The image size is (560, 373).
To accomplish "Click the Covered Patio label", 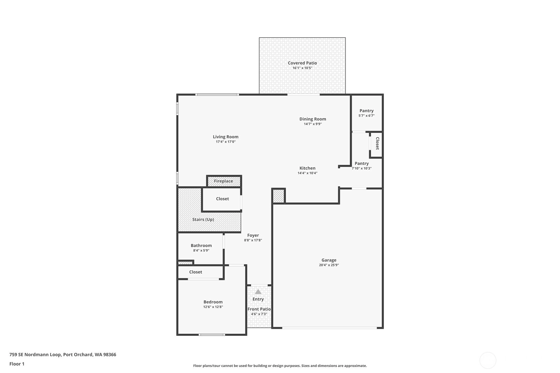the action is (x=302, y=63).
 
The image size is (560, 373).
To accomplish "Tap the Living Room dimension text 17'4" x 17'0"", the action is (x=226, y=142).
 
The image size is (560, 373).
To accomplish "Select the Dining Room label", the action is (x=313, y=119).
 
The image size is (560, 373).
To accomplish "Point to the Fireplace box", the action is (x=224, y=181).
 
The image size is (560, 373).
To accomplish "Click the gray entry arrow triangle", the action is (x=258, y=292).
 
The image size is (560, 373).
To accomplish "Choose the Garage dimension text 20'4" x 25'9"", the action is (x=329, y=265).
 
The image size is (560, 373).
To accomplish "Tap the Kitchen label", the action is (x=308, y=168).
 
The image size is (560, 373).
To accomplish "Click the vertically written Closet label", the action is (x=378, y=143).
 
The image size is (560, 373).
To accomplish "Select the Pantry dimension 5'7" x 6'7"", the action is (x=367, y=116).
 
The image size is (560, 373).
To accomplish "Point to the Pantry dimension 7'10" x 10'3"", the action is (x=361, y=169).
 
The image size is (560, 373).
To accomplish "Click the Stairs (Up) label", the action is (x=203, y=220).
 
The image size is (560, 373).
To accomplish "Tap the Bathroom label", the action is (x=201, y=246).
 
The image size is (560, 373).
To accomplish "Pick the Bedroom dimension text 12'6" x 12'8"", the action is (x=213, y=307).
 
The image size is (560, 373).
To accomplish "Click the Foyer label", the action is (x=253, y=235).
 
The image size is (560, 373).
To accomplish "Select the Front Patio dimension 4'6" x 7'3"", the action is (x=259, y=314).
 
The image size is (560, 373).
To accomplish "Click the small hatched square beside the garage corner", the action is (x=278, y=196).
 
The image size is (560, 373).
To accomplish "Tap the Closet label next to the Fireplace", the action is (x=222, y=199).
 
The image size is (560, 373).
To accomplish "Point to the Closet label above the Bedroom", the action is (x=195, y=272).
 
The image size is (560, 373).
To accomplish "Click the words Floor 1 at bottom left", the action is (x=17, y=364).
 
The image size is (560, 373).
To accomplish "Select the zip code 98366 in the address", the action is (x=110, y=355).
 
